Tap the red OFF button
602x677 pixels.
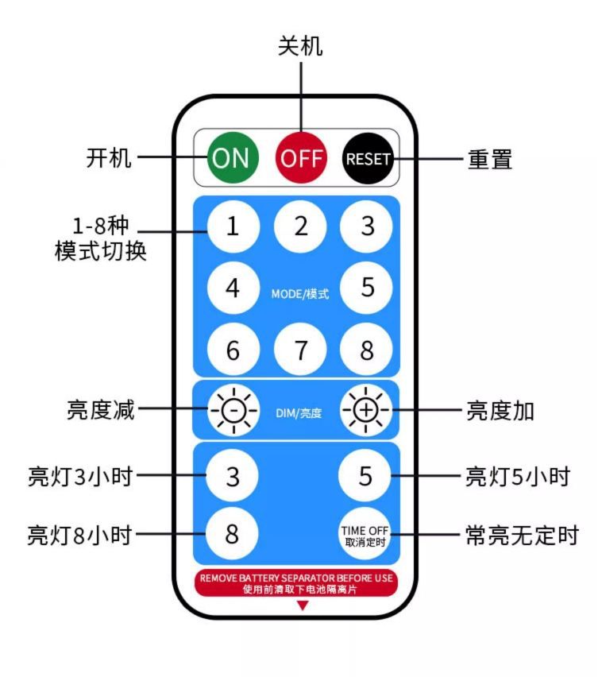(301, 157)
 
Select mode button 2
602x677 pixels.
(300, 226)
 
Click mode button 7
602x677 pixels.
(300, 350)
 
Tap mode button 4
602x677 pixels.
(233, 287)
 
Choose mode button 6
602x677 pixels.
(233, 350)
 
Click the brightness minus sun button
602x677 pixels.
(233, 410)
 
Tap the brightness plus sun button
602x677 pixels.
(366, 410)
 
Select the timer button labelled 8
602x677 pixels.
(233, 533)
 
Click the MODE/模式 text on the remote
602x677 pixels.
(300, 293)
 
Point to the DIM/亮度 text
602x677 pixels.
(299, 413)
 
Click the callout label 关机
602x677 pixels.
(301, 46)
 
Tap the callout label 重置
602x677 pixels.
(489, 159)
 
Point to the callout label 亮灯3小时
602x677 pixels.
(79, 477)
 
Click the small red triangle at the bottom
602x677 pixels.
(302, 605)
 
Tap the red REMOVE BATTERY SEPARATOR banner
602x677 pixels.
(297, 583)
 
